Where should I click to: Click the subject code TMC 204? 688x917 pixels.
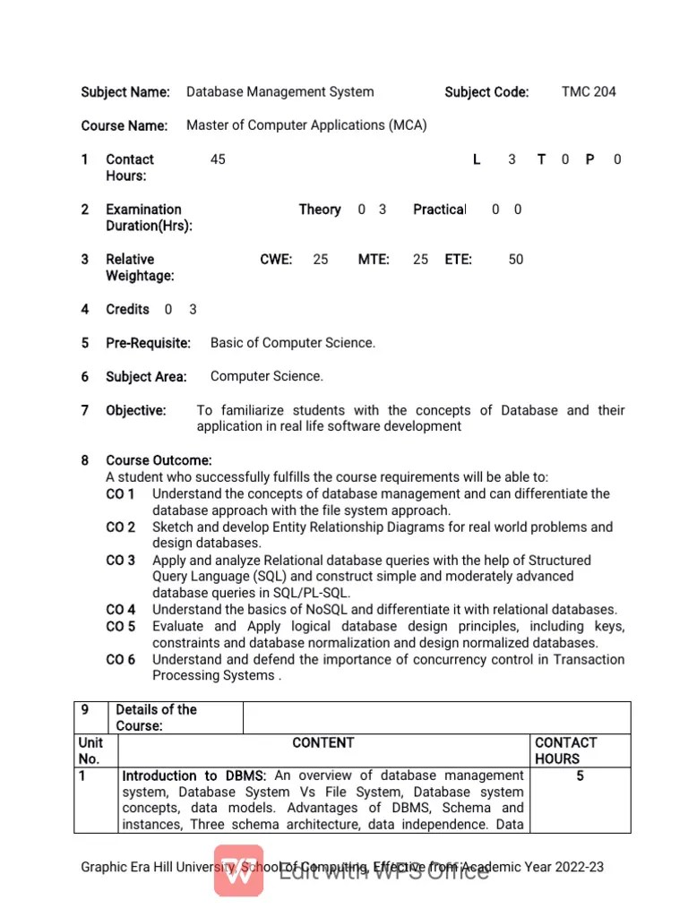(589, 91)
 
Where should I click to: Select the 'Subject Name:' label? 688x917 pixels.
(125, 92)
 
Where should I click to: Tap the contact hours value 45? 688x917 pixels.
(218, 159)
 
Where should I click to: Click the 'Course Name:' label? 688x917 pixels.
(125, 126)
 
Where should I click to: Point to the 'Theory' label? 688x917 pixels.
(320, 210)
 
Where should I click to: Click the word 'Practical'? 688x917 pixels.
(439, 210)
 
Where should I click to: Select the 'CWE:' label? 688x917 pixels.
(276, 260)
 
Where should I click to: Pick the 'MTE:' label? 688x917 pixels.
(374, 260)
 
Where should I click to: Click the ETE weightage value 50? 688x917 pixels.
(516, 260)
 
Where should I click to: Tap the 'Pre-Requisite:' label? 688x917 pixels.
(148, 343)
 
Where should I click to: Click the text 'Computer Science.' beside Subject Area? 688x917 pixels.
(267, 376)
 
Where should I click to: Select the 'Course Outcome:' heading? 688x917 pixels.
(159, 460)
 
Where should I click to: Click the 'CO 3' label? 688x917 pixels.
(121, 561)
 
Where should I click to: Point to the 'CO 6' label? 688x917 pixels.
(121, 660)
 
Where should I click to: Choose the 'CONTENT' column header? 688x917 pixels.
(323, 743)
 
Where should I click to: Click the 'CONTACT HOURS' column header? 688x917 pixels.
(565, 750)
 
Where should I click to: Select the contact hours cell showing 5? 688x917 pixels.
(580, 776)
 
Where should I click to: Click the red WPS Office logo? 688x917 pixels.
(238, 870)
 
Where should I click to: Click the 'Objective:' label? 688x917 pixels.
(136, 410)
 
